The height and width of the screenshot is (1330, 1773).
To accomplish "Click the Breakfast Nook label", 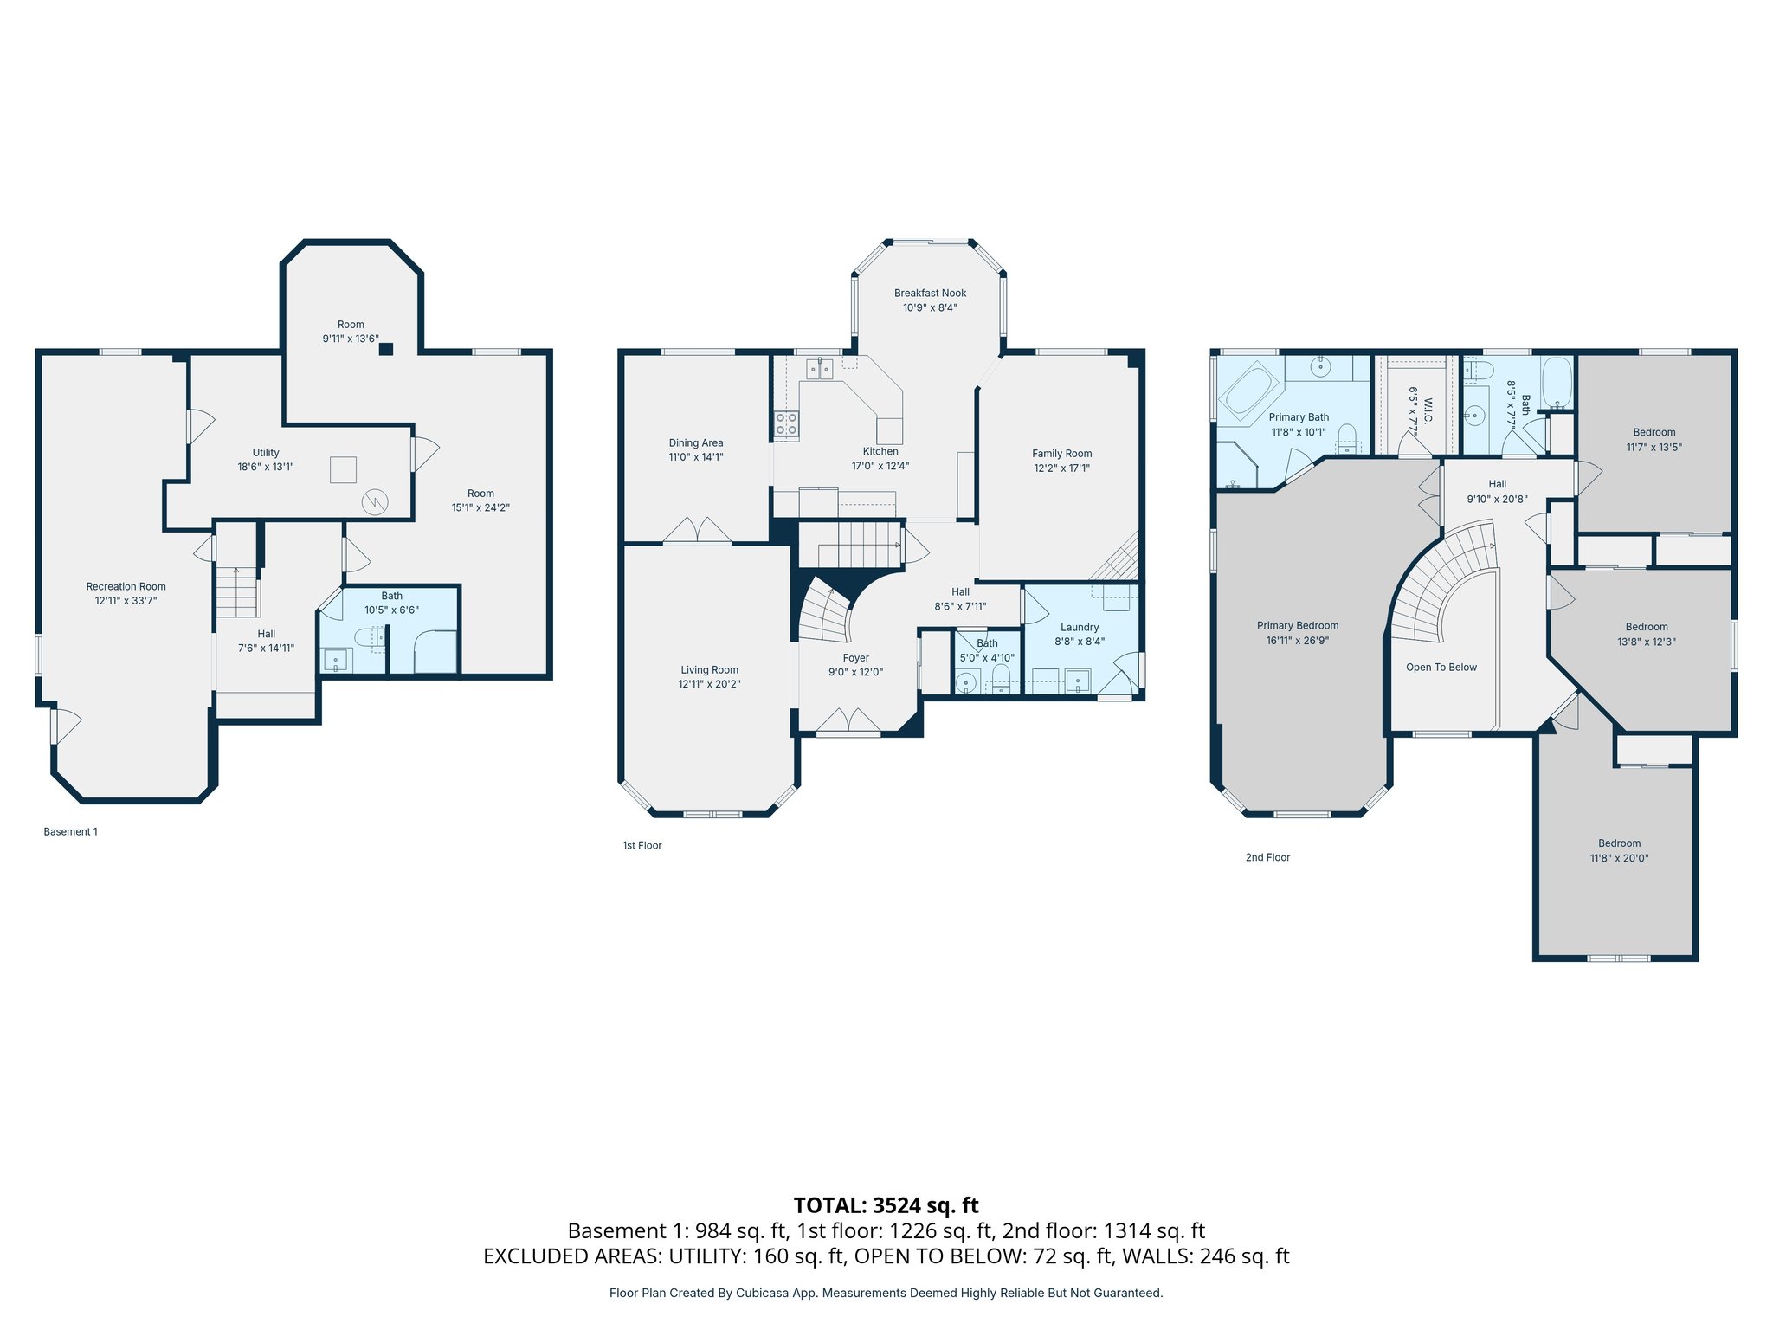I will click(930, 294).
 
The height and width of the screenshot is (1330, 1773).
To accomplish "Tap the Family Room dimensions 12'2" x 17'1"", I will click(1061, 468).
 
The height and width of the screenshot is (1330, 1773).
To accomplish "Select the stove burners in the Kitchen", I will click(786, 424).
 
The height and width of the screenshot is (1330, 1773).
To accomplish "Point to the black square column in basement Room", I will click(386, 349).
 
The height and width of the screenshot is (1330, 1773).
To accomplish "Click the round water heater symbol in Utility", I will click(375, 501).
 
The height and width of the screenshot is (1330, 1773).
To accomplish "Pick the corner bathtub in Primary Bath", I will click(1248, 394).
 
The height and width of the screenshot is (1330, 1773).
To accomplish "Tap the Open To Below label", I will click(1441, 668).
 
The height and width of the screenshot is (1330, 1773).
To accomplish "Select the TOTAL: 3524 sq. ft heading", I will click(886, 1205).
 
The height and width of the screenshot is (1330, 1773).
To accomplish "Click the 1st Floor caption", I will click(642, 846).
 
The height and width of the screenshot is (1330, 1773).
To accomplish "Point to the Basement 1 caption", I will click(70, 832).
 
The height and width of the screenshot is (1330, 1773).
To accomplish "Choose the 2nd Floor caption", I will click(1267, 858).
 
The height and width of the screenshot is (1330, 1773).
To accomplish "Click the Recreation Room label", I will click(126, 587).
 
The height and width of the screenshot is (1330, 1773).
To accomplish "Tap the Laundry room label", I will click(1079, 628).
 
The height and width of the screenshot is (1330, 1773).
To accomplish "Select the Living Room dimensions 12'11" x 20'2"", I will click(709, 685).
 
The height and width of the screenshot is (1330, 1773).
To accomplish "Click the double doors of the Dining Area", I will click(697, 531).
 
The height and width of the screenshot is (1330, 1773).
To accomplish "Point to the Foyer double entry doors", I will click(848, 720).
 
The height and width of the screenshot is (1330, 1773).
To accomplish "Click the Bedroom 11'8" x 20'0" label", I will click(1619, 843).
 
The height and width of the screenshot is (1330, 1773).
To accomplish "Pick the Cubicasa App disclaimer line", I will click(886, 1294).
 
